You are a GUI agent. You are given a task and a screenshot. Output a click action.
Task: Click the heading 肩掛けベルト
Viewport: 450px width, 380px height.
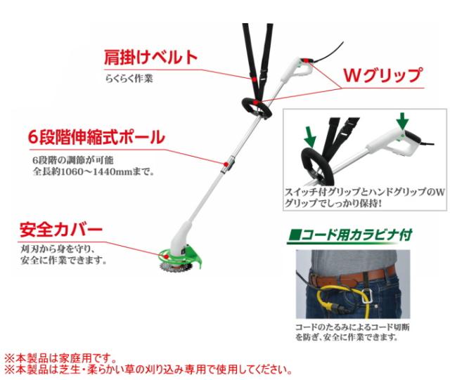150,57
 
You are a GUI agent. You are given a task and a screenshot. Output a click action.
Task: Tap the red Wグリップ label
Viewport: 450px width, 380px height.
382,75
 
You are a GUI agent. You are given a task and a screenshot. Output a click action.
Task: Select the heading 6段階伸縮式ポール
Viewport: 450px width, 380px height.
96,137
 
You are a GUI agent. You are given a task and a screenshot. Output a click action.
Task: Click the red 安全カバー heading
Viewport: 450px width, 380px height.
61,229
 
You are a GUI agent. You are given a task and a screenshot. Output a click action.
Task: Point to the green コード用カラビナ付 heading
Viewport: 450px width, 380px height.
350,235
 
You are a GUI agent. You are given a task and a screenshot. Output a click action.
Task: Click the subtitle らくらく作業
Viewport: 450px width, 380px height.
129,78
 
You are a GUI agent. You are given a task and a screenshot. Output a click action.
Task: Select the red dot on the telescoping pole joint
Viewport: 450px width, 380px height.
226,164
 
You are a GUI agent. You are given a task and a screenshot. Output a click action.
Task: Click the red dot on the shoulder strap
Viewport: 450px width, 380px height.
254,79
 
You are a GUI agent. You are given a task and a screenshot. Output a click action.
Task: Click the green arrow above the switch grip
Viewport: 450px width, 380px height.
403,120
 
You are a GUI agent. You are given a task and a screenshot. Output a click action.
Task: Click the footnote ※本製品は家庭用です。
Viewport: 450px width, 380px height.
61,358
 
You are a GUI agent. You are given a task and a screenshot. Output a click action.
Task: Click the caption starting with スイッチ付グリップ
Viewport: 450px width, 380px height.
364,197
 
